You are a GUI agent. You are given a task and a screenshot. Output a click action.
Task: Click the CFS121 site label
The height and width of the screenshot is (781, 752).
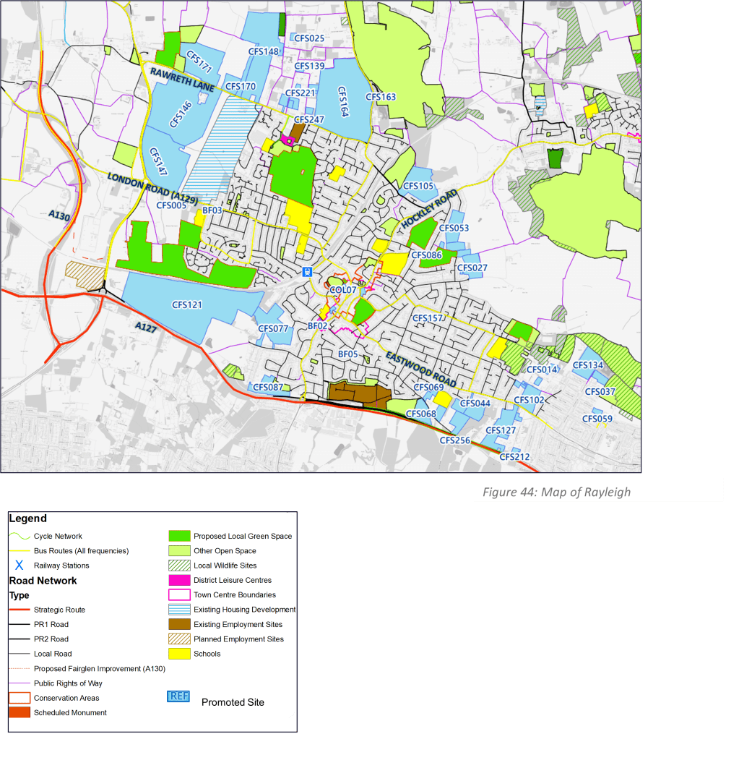pyautogui.click(x=187, y=305)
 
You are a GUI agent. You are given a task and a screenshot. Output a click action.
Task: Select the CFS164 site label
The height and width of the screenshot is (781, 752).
pyautogui.click(x=342, y=102)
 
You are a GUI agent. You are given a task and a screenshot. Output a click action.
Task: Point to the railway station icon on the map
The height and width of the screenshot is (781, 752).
pyautogui.click(x=307, y=273)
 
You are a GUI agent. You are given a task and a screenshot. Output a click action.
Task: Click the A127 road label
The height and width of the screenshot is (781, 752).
pyautogui.click(x=146, y=328)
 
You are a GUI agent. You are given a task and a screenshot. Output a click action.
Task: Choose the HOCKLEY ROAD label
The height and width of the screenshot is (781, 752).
pyautogui.click(x=429, y=210)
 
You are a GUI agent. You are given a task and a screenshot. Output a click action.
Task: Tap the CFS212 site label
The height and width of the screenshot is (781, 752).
pyautogui.click(x=514, y=457)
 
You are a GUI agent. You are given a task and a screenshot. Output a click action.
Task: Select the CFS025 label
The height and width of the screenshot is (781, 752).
pyautogui.click(x=309, y=38)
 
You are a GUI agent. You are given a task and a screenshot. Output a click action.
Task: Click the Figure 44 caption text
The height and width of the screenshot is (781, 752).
pyautogui.click(x=556, y=492)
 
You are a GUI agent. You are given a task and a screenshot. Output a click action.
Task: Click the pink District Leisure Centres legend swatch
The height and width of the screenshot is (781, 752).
pyautogui.click(x=179, y=580)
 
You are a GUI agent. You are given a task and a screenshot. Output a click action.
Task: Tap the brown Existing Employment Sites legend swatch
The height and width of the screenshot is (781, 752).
pyautogui.click(x=179, y=624)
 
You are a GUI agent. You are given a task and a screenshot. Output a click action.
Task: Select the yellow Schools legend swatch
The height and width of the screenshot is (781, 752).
pyautogui.click(x=179, y=654)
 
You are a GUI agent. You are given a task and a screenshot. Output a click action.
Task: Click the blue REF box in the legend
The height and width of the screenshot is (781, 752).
pyautogui.click(x=178, y=696)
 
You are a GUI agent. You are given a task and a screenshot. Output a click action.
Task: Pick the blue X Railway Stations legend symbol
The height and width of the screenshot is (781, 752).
pyautogui.click(x=20, y=566)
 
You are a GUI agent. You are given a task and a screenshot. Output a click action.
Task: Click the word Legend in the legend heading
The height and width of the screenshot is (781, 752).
pyautogui.click(x=28, y=518)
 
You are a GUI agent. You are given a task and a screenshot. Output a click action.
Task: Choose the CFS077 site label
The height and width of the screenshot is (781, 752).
pyautogui.click(x=273, y=329)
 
